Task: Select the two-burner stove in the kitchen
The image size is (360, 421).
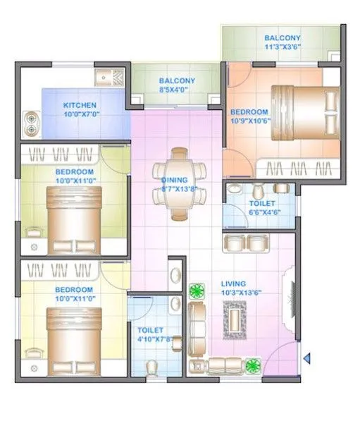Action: coord(31,123)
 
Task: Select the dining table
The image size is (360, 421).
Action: coord(181,183)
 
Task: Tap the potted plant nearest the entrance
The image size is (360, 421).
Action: coord(252,364)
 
